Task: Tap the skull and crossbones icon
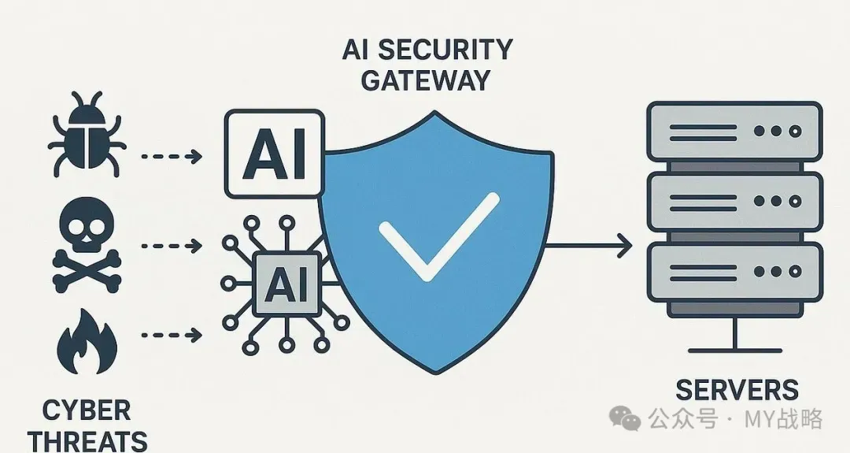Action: (87, 247)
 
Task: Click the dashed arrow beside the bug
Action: (172, 157)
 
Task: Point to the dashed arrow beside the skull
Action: (172, 247)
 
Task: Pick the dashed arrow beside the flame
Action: (172, 336)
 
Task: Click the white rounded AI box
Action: (275, 154)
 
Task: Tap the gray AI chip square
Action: (286, 284)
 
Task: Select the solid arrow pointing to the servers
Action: (588, 246)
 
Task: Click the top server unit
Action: (735, 132)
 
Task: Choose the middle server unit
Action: (735, 201)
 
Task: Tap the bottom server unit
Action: (735, 272)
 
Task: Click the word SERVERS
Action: (737, 390)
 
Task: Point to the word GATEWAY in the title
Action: (426, 81)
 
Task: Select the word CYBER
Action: (87, 410)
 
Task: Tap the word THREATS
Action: (87, 440)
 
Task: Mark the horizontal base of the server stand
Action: (735, 351)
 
